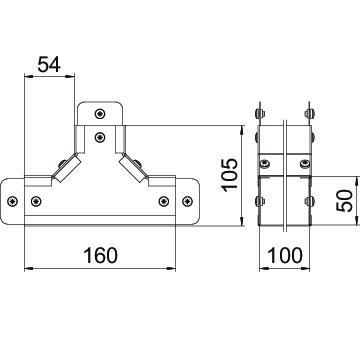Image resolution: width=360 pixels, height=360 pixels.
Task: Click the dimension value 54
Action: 49,64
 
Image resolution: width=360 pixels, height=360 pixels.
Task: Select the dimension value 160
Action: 100,255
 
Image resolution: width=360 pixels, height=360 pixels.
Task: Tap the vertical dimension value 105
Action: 230,175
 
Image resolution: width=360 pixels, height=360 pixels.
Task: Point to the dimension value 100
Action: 285,256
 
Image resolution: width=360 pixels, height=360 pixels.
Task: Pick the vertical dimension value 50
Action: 344,201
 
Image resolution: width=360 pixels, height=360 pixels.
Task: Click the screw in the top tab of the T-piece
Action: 100,114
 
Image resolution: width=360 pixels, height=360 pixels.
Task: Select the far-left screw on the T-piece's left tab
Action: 13,201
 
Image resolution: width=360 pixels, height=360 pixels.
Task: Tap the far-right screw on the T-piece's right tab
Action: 188,201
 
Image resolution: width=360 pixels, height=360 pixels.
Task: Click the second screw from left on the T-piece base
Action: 36,201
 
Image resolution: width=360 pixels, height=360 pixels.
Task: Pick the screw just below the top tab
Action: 100,137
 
